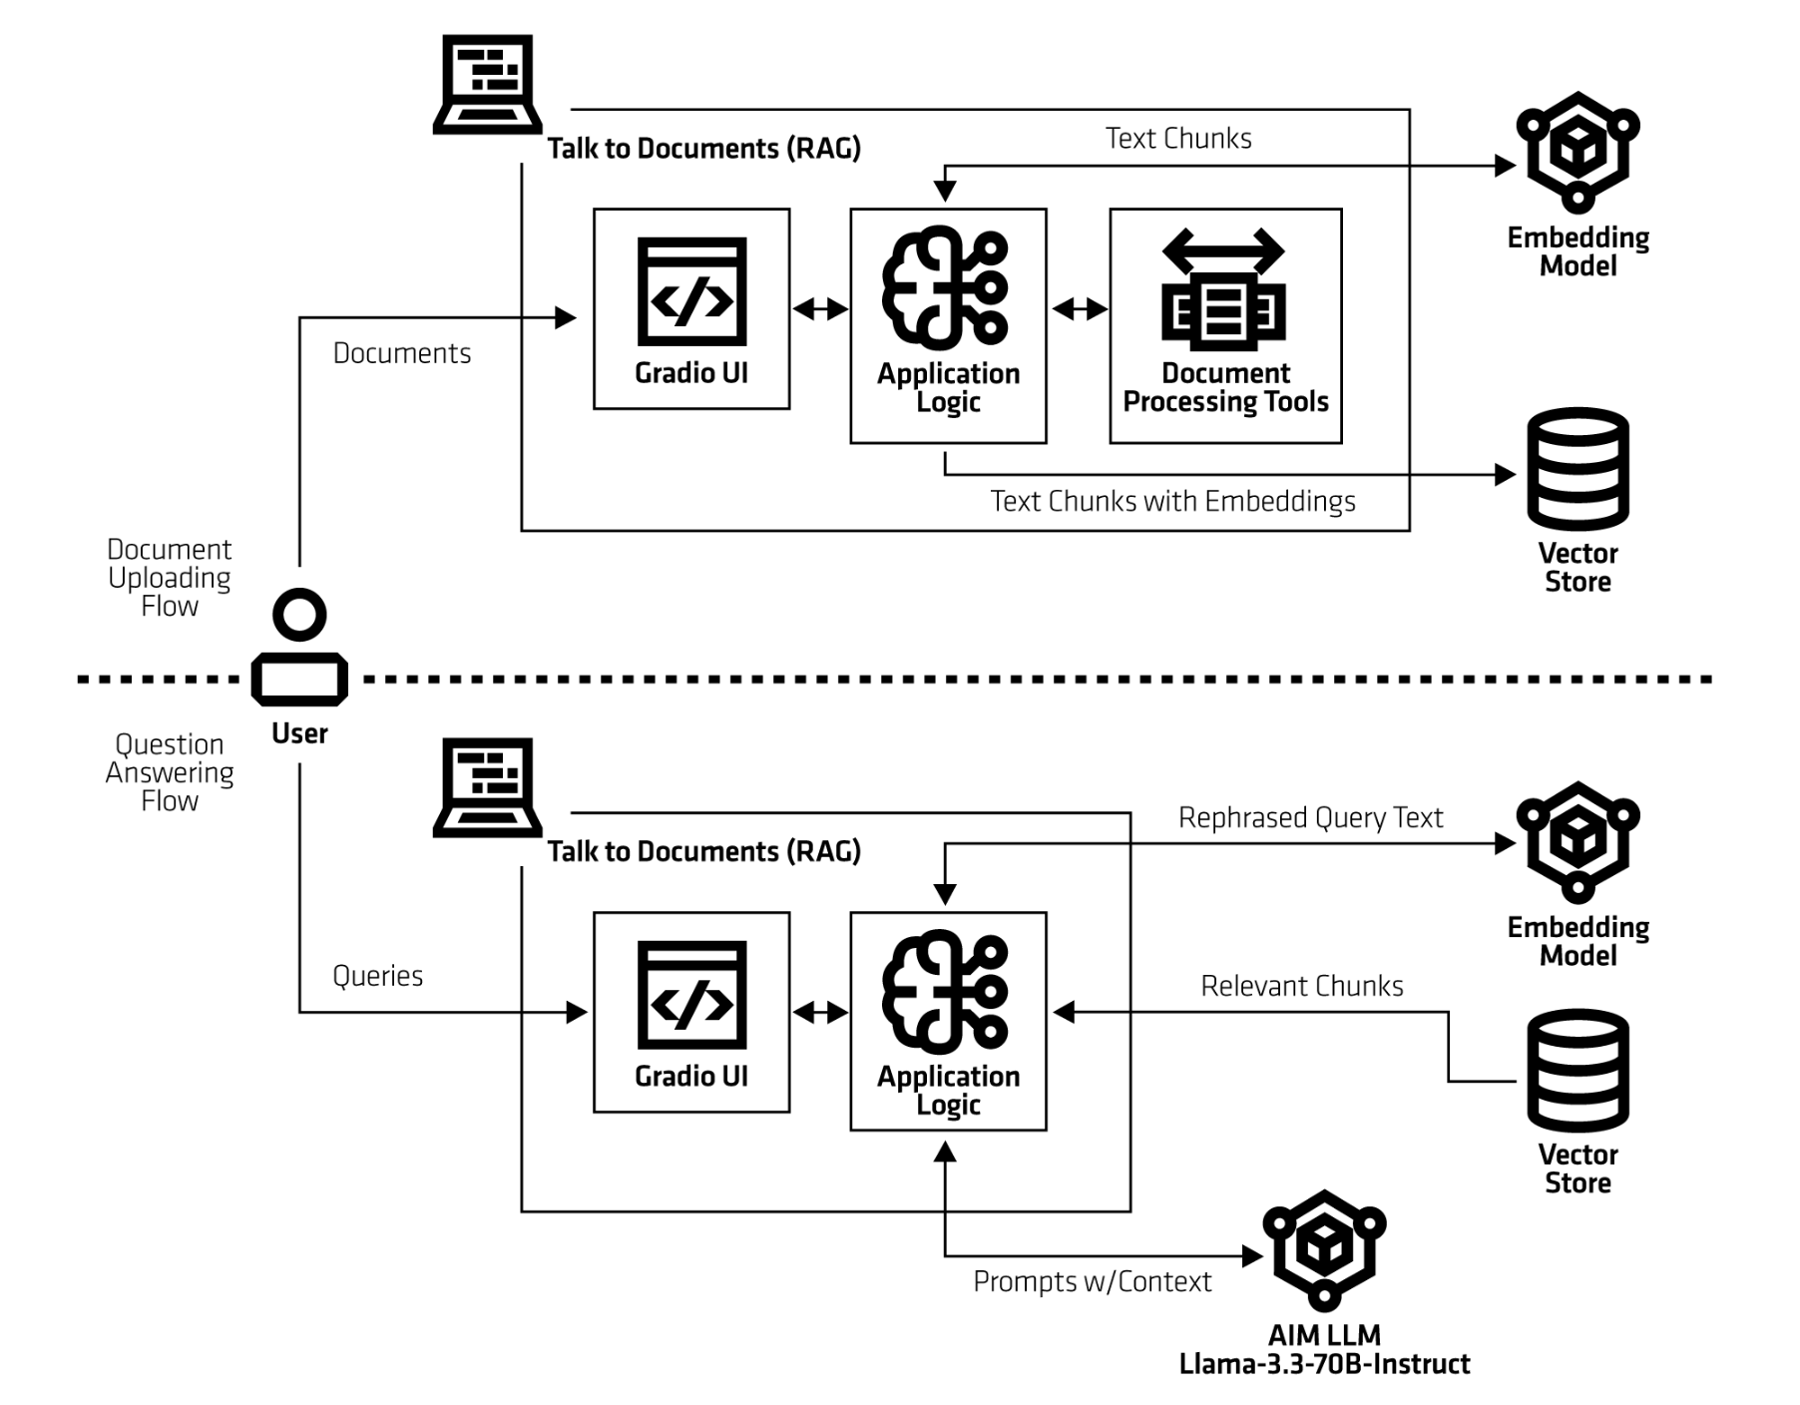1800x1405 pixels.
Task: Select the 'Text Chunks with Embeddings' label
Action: tap(1172, 501)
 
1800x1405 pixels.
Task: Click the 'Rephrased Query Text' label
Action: tap(1310, 818)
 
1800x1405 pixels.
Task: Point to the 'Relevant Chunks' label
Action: tap(1301, 986)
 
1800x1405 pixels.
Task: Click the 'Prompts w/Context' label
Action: tap(1092, 1281)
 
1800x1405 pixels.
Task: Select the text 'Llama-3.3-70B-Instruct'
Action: tap(1324, 1364)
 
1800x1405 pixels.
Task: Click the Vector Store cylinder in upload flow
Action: tap(1577, 469)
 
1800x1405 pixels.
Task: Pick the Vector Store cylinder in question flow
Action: tap(1577, 1071)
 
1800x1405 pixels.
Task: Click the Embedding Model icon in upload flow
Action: tap(1577, 152)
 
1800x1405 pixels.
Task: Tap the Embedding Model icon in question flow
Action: tap(1577, 842)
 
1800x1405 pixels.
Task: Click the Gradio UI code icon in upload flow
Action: tap(691, 291)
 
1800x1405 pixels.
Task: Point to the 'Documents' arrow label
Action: tap(402, 353)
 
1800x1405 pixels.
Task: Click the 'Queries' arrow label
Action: tap(377, 976)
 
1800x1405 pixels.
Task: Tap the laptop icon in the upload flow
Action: tap(487, 84)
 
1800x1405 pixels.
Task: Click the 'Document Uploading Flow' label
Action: tap(170, 578)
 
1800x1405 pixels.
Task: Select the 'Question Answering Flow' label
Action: tap(170, 772)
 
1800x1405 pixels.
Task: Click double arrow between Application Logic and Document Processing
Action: tap(1079, 309)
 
